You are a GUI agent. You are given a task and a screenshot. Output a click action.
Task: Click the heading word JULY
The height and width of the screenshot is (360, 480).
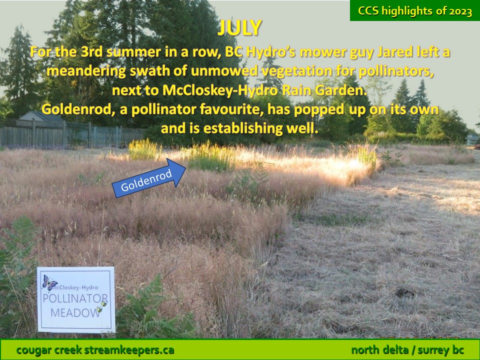tap(239, 28)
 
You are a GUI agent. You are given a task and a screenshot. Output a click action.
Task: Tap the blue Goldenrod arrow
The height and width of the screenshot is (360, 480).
tap(149, 178)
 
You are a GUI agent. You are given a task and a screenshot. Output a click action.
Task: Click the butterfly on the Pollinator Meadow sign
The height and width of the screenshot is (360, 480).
tap(49, 282)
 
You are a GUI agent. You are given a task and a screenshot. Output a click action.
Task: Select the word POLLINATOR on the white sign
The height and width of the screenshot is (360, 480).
tap(75, 298)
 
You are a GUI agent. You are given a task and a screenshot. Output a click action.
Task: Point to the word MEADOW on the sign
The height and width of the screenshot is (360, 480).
tap(75, 313)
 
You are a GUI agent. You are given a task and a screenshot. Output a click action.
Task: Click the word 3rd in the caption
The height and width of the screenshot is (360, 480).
tap(91, 51)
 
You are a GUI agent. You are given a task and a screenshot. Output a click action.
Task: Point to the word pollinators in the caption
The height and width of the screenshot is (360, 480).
tap(396, 71)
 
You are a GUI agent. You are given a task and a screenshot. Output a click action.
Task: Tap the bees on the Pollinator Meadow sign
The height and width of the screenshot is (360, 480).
tap(102, 306)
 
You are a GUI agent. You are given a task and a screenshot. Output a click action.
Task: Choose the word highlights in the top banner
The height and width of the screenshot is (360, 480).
tap(407, 11)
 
